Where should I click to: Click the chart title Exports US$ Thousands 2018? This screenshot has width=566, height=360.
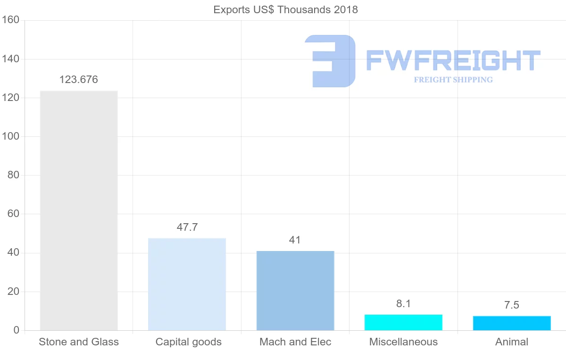tap(285, 9)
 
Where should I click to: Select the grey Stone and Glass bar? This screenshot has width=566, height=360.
tap(79, 210)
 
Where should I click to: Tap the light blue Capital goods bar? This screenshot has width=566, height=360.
tap(187, 284)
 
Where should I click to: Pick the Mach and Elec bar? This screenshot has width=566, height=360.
tap(295, 291)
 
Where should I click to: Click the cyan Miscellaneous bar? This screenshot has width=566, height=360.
tap(403, 322)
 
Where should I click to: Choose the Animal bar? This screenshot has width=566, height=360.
tap(512, 323)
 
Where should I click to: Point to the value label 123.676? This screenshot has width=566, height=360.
tap(79, 80)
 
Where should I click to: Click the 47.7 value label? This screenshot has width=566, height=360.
tap(187, 227)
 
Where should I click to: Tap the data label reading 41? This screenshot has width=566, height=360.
tap(295, 240)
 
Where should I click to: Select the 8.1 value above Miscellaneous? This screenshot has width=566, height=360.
tap(403, 304)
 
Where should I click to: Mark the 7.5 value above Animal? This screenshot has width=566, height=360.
tap(511, 305)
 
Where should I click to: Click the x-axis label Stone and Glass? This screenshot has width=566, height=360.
tap(79, 342)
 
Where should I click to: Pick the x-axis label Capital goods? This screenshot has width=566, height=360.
tap(189, 342)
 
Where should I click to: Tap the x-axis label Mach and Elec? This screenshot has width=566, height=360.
tap(295, 342)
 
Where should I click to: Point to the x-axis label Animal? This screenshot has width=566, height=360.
tap(512, 342)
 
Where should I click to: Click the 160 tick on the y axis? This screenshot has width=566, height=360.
tap(10, 20)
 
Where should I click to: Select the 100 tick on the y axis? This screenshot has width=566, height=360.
tap(10, 137)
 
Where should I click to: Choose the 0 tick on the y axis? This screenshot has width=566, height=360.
tap(17, 330)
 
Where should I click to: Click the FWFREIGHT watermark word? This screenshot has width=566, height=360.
tap(453, 60)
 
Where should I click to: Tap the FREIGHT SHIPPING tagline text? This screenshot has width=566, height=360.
tap(453, 80)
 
